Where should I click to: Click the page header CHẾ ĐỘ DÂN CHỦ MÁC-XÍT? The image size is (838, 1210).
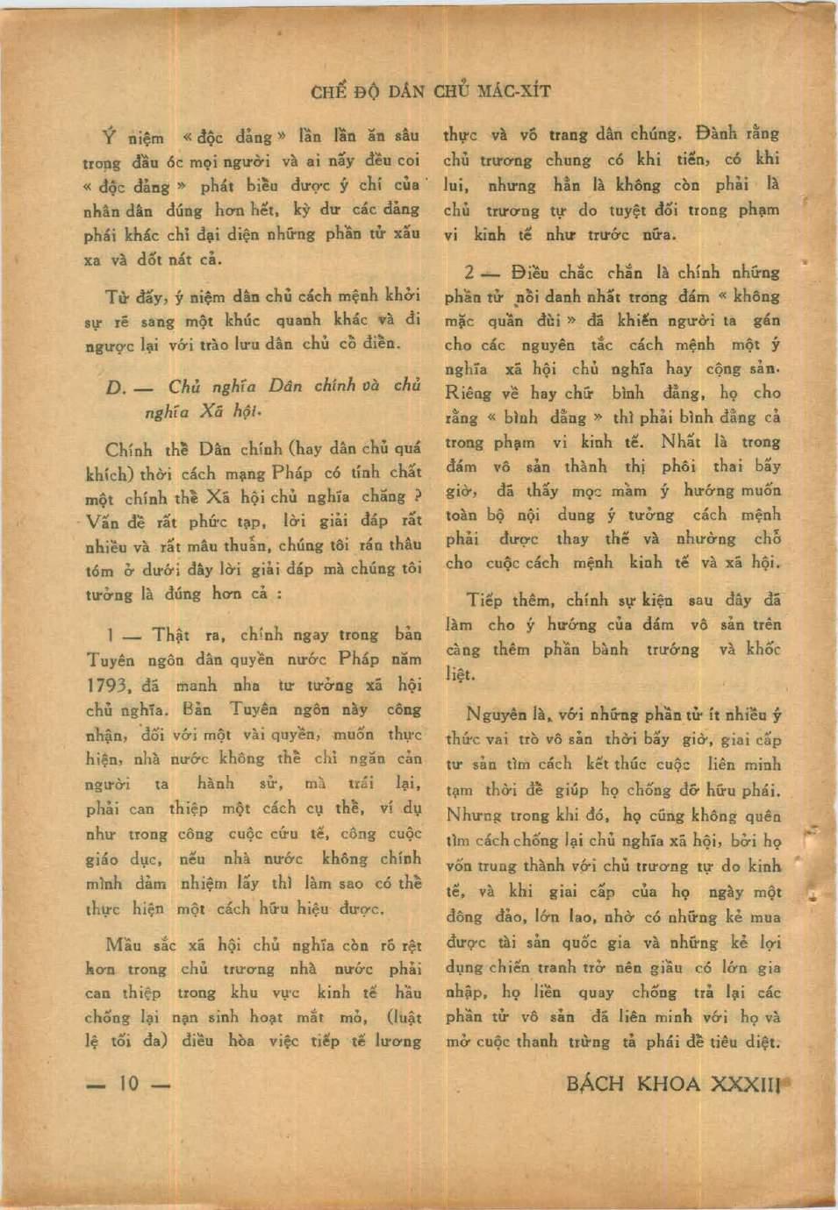point(431,91)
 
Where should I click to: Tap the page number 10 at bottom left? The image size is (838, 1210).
point(128,1084)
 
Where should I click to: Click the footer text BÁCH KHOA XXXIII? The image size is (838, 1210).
point(673,1084)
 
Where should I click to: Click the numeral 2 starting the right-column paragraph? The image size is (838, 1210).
point(470,273)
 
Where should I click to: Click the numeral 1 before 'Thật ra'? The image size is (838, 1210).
point(111,635)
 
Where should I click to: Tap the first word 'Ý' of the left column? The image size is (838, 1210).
point(109,137)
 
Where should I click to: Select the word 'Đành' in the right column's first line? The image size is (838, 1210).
point(717,134)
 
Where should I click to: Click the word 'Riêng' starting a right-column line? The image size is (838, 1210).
point(468,394)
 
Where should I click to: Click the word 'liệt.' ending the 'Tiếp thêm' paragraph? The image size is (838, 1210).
point(460,674)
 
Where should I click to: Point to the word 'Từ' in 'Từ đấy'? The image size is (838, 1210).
point(118,295)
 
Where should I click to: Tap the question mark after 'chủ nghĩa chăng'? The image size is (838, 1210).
point(418,496)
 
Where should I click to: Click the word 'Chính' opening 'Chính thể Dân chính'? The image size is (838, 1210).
point(129,450)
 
